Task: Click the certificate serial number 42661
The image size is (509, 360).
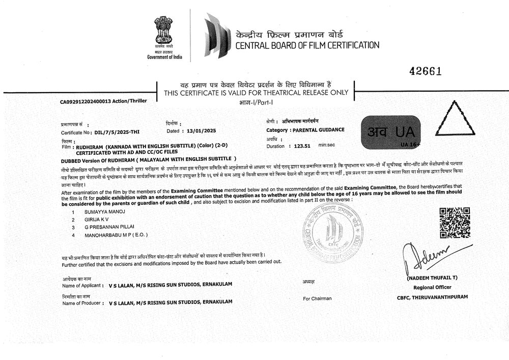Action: point(425,72)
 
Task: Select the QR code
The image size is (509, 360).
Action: point(454,223)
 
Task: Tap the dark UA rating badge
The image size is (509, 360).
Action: point(390,132)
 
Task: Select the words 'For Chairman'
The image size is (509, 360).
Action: point(317,298)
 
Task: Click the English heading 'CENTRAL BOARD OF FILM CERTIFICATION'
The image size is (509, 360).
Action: point(307,45)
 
